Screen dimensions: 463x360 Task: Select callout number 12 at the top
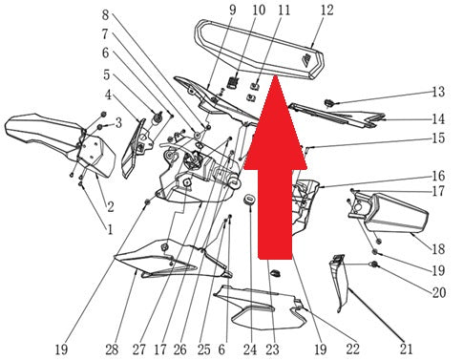326,10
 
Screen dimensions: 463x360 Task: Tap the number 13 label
438,92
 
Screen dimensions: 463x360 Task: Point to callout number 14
438,119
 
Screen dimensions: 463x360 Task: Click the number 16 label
438,176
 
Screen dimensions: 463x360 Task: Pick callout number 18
438,248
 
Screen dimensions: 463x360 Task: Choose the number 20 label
438,292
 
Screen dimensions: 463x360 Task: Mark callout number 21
406,349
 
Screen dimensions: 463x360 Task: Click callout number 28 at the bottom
112,349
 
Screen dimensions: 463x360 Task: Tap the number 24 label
250,349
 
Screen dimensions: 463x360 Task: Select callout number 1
110,229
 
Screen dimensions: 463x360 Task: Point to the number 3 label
118,122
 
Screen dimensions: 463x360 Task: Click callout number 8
106,14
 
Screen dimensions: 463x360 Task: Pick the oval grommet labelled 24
249,200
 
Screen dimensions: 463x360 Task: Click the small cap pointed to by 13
328,103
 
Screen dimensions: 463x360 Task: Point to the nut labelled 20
374,265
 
